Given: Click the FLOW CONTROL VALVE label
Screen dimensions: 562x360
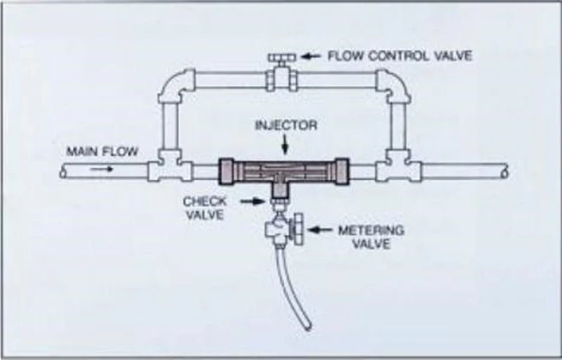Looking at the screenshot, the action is click(x=400, y=56).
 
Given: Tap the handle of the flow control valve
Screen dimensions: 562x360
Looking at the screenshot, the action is click(x=282, y=57).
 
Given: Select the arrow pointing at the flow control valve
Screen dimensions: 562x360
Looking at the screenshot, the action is click(x=311, y=56).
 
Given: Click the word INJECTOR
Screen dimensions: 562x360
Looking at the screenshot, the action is click(x=286, y=125).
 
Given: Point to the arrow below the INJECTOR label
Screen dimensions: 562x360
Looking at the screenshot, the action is click(x=285, y=145).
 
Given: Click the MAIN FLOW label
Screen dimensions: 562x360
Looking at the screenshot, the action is click(x=102, y=151).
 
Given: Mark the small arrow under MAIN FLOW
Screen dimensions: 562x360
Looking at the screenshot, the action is click(x=101, y=169).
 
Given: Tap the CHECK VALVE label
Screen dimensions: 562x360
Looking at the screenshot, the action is click(x=205, y=208).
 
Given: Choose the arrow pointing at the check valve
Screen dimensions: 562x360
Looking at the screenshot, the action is click(x=253, y=202).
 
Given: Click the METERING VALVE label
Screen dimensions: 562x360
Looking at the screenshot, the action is click(x=372, y=237).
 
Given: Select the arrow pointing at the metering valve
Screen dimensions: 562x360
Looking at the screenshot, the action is click(x=320, y=230).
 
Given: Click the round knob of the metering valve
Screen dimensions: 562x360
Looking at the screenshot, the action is click(x=298, y=229).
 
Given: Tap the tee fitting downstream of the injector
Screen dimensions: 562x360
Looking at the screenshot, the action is click(x=398, y=167).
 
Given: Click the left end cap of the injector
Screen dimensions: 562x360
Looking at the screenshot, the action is click(x=226, y=172).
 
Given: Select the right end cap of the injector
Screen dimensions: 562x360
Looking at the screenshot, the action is click(x=341, y=172).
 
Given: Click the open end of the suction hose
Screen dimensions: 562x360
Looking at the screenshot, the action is click(x=307, y=326).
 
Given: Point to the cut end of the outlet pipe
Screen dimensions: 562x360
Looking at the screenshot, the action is click(x=504, y=172).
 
